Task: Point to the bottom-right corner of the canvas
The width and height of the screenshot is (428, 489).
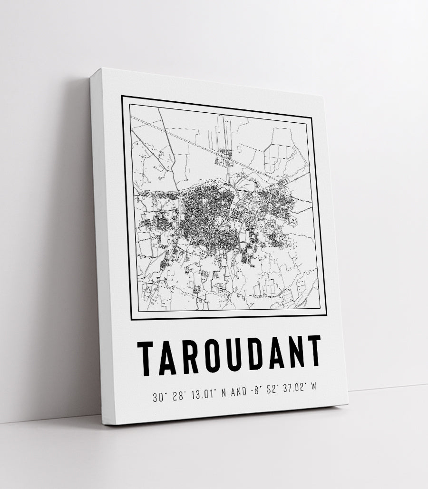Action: (348, 405)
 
